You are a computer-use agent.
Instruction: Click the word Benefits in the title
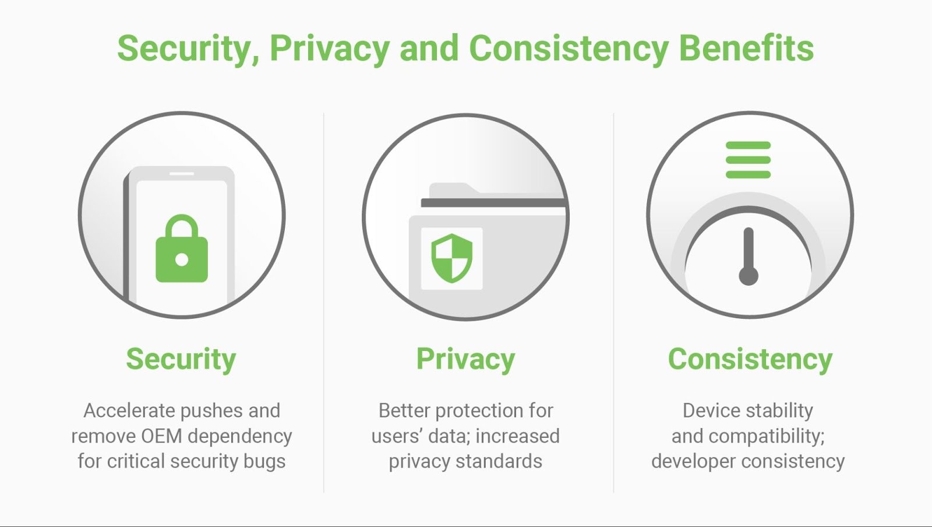pos(746,49)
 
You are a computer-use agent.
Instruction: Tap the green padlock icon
pos(182,248)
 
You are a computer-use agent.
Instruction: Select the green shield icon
pos(452,258)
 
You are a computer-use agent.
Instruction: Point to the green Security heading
pos(181,359)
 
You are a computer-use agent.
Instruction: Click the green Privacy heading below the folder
pos(465,359)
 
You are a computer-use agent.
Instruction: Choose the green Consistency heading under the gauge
pos(750,359)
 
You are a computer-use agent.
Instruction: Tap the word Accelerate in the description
pos(129,411)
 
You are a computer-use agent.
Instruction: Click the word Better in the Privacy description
pos(404,411)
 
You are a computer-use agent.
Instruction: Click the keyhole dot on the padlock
pos(182,260)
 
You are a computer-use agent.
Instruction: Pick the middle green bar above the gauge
pos(748,160)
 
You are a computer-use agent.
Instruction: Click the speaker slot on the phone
pos(182,174)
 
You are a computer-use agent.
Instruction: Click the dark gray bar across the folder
pos(494,203)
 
